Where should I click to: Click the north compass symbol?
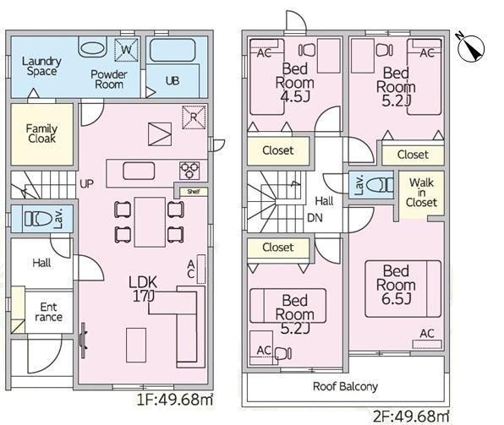pyautogui.click(x=471, y=48)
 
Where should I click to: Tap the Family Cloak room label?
pyautogui.click(x=41, y=133)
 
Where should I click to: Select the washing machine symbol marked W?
pyautogui.click(x=126, y=50)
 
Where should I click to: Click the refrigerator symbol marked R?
pyautogui.click(x=194, y=117)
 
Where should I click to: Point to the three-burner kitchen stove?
pyautogui.click(x=189, y=171)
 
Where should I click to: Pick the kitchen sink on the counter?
pyautogui.click(x=139, y=171)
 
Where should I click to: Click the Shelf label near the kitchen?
pyautogui.click(x=194, y=192)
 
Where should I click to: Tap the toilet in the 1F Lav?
pyautogui.click(x=38, y=219)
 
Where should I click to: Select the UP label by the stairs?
pyautogui.click(x=87, y=183)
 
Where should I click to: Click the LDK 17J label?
pyautogui.click(x=143, y=289)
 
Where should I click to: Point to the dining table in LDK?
pyautogui.click(x=150, y=222)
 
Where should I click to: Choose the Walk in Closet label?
pyautogui.click(x=421, y=193)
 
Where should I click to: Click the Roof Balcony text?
pyautogui.click(x=345, y=386)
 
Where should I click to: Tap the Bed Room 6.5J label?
pyautogui.click(x=396, y=285)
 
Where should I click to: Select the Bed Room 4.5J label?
pyautogui.click(x=295, y=83)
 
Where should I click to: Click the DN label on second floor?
pyautogui.click(x=315, y=218)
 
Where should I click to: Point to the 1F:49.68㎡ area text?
pyautogui.click(x=175, y=400)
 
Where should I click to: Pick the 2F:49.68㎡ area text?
pyautogui.click(x=410, y=417)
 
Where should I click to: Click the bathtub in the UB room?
pyautogui.click(x=173, y=50)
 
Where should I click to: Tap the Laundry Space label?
pyautogui.click(x=41, y=66)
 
